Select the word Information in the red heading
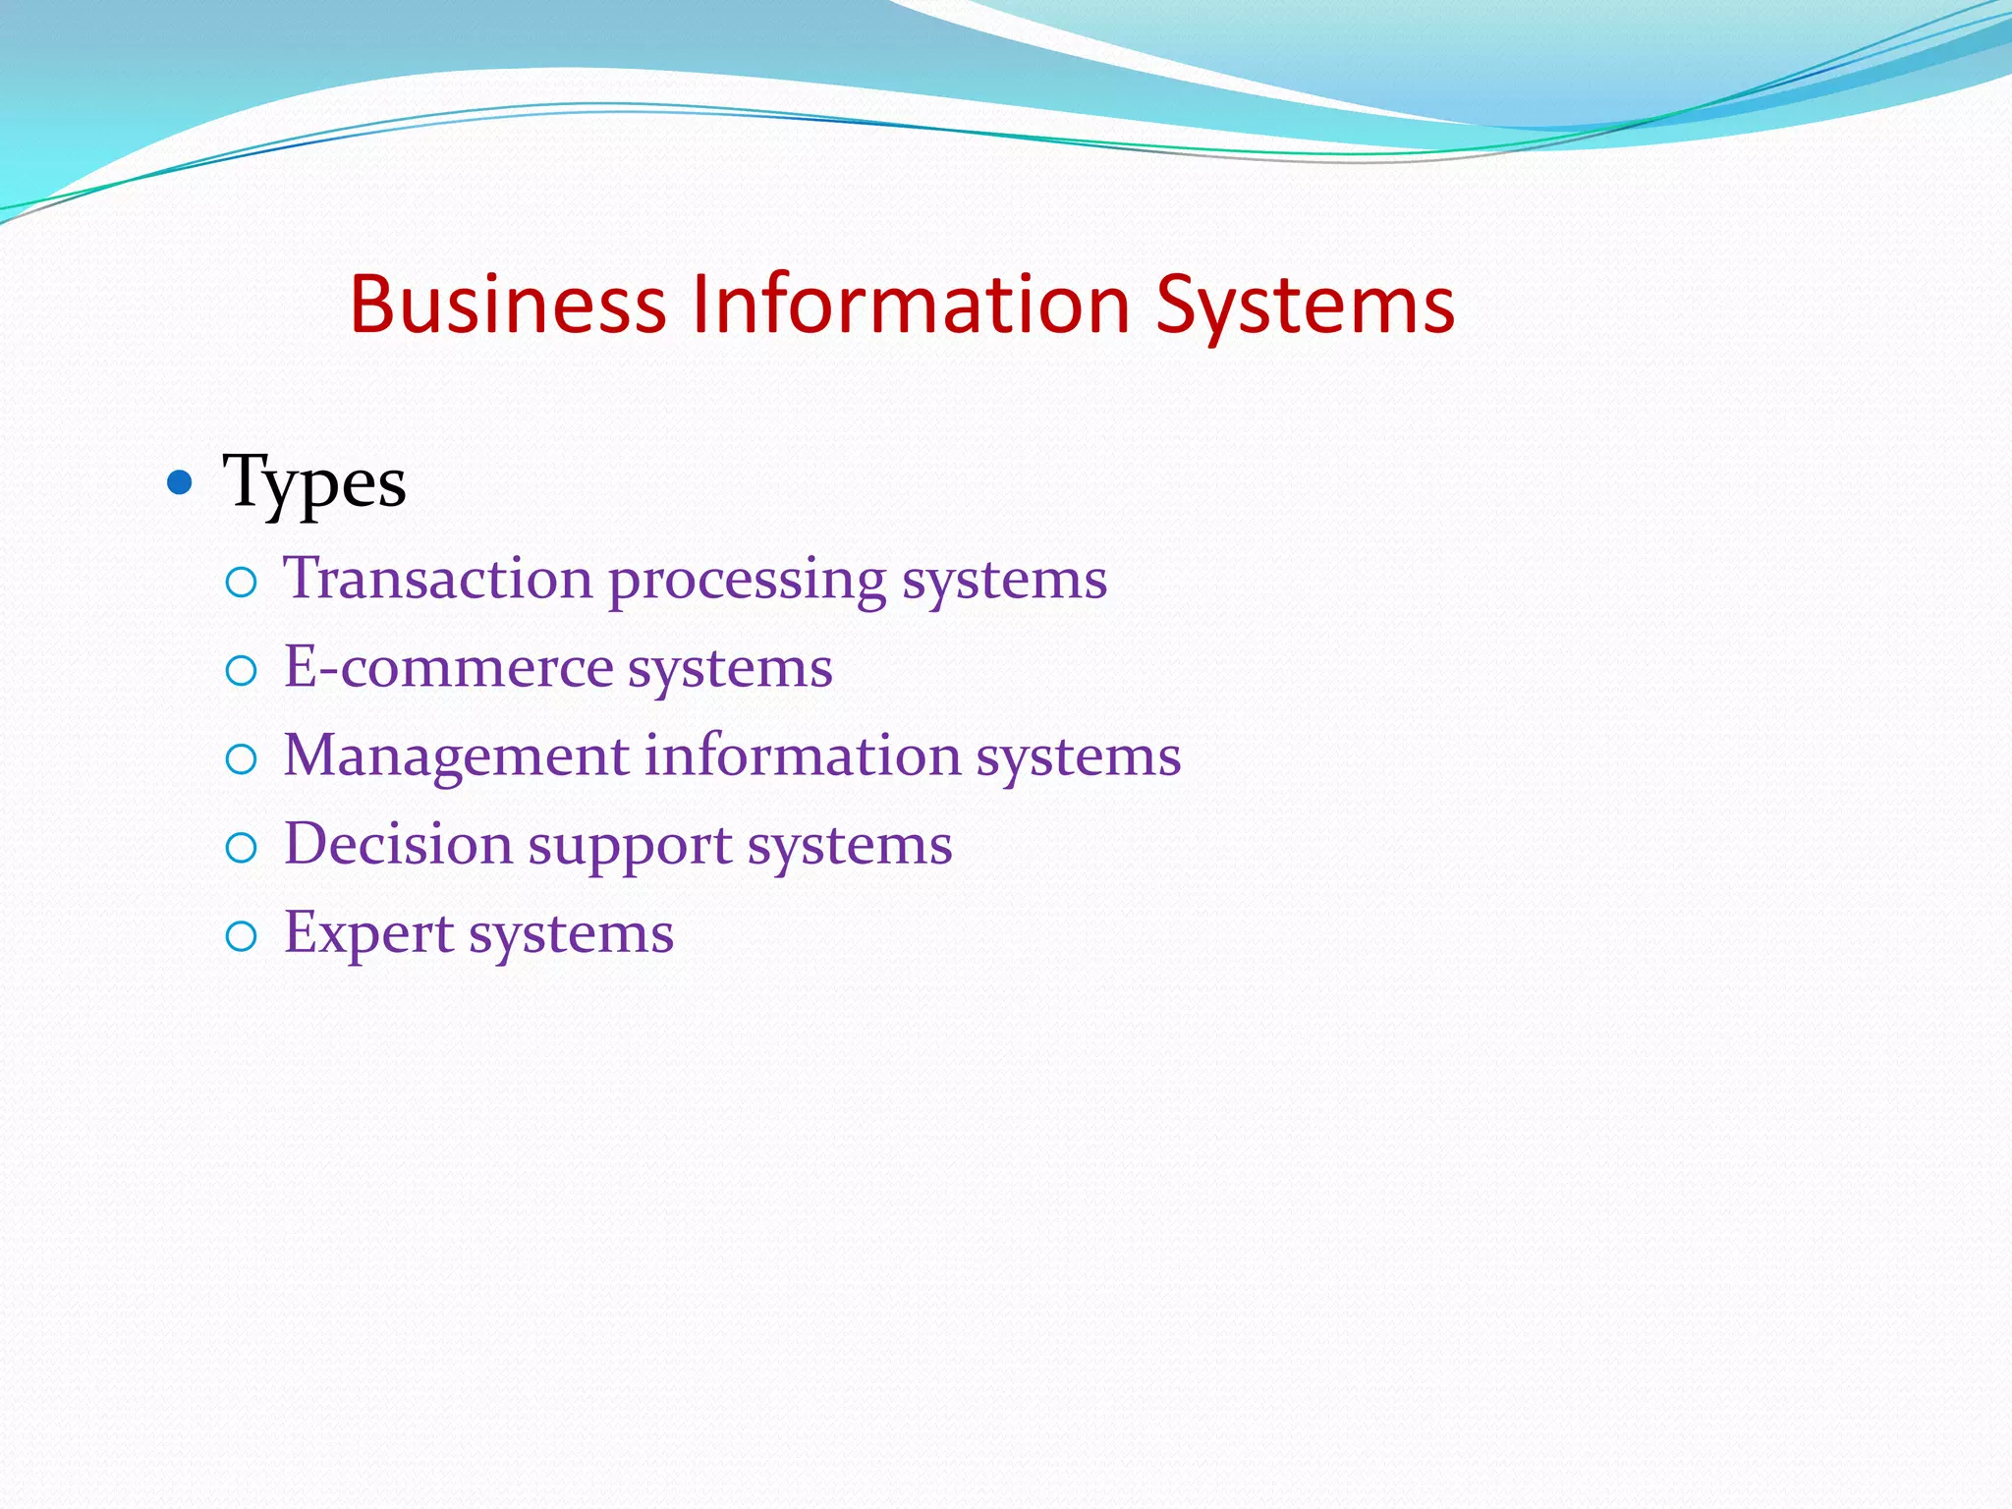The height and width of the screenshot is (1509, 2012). pos(911,305)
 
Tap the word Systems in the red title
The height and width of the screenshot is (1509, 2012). pos(1305,307)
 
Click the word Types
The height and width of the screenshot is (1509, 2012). pos(314,483)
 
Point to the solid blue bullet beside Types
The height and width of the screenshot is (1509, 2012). pos(179,482)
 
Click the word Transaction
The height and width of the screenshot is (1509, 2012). pos(437,578)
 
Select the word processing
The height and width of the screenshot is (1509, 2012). pos(747,580)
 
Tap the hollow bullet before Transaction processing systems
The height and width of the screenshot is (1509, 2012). pos(241,583)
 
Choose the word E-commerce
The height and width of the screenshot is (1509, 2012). pos(448,668)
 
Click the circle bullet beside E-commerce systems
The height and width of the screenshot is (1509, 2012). pos(241,671)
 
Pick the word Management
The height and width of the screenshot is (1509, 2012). pos(456,756)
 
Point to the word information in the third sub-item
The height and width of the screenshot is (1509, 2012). pos(803,756)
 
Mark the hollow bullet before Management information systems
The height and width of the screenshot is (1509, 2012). pos(241,759)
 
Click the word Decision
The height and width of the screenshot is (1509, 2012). pos(398,845)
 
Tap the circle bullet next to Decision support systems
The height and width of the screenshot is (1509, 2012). pos(241,848)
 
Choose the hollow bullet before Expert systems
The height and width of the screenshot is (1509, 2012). pos(241,936)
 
